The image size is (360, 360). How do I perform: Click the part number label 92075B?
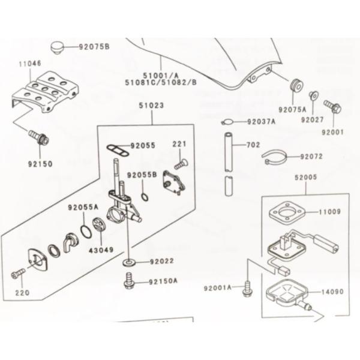(x=95, y=46)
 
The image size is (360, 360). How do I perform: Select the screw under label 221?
(x=179, y=161)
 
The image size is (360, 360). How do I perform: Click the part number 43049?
(x=101, y=250)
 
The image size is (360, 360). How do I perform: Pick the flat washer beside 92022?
(x=128, y=262)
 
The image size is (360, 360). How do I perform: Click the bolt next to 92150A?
(x=128, y=281)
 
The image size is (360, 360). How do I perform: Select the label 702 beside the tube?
(x=253, y=145)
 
